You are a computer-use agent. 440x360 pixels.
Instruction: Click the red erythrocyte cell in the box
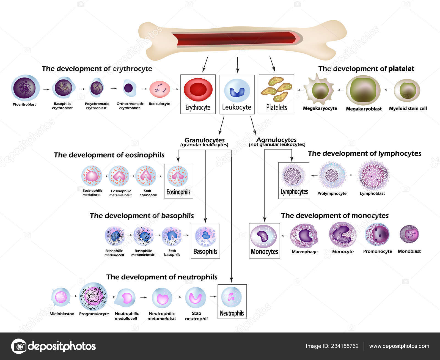pyautogui.click(x=198, y=90)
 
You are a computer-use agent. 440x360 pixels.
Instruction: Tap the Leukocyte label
pyautogui.click(x=237, y=107)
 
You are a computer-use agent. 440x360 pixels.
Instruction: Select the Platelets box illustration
pyautogui.click(x=276, y=89)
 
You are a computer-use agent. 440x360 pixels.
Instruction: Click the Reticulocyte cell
pyautogui.click(x=159, y=89)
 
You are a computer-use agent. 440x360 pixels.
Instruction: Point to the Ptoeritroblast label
pyautogui.click(x=24, y=105)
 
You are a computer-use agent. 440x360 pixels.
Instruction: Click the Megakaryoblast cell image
pyautogui.click(x=363, y=90)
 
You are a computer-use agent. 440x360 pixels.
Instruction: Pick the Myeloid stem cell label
pyautogui.click(x=408, y=109)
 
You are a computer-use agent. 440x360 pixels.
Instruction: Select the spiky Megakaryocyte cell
pyautogui.click(x=320, y=90)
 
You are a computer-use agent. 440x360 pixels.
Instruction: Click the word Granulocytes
pyautogui.click(x=204, y=140)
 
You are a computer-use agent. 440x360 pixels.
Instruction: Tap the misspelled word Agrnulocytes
pyautogui.click(x=276, y=140)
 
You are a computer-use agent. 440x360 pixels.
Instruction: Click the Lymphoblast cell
pyautogui.click(x=373, y=175)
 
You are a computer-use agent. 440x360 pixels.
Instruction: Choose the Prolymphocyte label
pyautogui.click(x=332, y=194)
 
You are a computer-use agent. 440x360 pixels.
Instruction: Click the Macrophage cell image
pyautogui.click(x=304, y=236)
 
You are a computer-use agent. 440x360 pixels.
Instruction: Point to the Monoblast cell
pyautogui.click(x=409, y=234)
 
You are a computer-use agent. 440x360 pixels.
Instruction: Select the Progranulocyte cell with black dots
pyautogui.click(x=94, y=296)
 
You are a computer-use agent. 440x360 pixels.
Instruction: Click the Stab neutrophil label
pyautogui.click(x=196, y=316)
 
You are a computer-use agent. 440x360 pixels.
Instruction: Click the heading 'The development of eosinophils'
pyautogui.click(x=109, y=155)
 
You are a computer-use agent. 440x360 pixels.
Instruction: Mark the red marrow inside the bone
pyautogui.click(x=234, y=39)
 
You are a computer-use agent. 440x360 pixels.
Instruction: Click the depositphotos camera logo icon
pyautogui.click(x=19, y=346)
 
